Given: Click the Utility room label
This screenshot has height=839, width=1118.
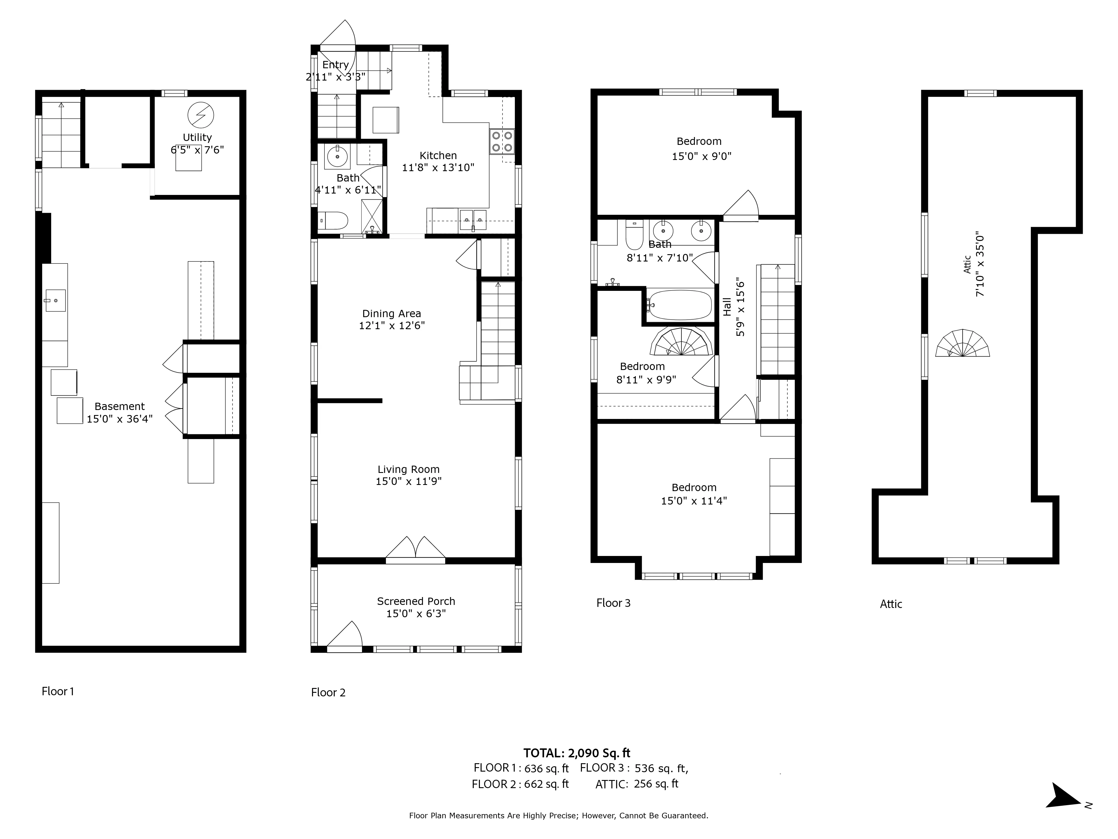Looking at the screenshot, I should pyautogui.click(x=197, y=137).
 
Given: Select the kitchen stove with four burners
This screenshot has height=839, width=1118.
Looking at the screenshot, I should pyautogui.click(x=502, y=142).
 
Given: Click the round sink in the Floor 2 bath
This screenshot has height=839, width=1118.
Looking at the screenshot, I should pyautogui.click(x=337, y=157).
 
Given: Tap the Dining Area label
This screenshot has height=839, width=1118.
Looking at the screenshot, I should pyautogui.click(x=391, y=314).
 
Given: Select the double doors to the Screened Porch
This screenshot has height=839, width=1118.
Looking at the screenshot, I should pyautogui.click(x=415, y=550).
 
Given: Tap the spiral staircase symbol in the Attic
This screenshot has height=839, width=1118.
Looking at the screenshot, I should pyautogui.click(x=962, y=344).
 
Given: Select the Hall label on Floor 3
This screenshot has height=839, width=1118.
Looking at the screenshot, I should pyautogui.click(x=727, y=307).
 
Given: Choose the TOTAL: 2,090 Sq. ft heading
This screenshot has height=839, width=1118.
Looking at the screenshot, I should pyautogui.click(x=577, y=753).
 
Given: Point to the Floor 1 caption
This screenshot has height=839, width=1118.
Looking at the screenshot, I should pyautogui.click(x=58, y=691).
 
